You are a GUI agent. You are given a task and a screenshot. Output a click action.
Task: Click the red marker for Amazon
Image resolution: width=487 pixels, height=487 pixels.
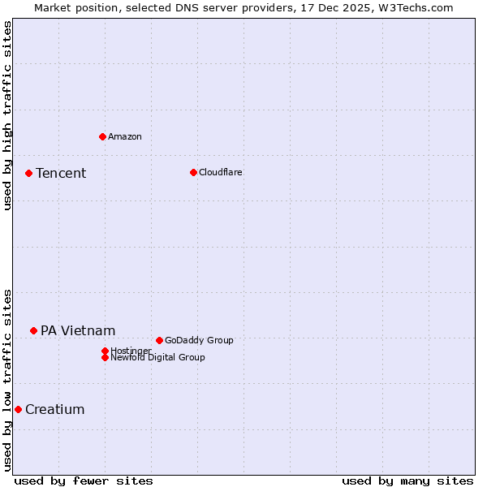(x=102, y=136)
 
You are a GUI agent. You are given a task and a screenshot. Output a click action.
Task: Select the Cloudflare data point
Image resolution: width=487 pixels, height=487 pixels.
(x=193, y=172)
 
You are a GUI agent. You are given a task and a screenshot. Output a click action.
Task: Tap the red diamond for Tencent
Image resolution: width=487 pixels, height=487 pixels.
(x=28, y=173)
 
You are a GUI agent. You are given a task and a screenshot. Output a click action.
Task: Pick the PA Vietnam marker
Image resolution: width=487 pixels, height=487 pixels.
(x=33, y=330)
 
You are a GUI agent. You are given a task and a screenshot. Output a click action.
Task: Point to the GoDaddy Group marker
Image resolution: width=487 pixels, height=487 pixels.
(x=159, y=340)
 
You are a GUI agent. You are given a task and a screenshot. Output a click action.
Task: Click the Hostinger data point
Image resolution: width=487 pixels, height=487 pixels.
(x=105, y=351)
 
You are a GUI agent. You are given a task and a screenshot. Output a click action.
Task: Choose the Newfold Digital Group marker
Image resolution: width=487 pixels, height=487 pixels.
(x=105, y=357)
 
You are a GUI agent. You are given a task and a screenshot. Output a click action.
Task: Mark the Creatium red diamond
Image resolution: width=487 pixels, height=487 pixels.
(x=18, y=409)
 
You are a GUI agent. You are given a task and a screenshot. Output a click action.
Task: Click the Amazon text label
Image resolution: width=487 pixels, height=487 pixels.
(x=125, y=136)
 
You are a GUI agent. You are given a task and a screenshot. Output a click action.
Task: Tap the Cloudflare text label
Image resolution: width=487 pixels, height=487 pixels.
(x=221, y=172)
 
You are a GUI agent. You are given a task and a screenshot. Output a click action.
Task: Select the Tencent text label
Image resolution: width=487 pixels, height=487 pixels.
(x=61, y=173)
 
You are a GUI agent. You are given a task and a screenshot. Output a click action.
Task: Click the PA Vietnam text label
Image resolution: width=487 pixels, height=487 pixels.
(x=78, y=330)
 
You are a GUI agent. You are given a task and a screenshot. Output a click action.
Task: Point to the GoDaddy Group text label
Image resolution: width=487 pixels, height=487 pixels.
(x=199, y=340)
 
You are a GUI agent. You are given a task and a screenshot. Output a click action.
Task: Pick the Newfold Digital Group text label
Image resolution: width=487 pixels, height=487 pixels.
(x=158, y=357)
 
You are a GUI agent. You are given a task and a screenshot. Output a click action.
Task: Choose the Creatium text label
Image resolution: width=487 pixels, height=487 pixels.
(x=55, y=409)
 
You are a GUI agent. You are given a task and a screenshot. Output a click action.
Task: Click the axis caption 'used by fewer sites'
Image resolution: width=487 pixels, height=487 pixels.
(x=84, y=481)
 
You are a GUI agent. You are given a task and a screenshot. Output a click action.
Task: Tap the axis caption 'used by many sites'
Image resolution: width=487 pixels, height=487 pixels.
(x=407, y=481)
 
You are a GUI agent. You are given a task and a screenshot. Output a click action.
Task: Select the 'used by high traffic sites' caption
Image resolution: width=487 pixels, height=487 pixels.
(x=7, y=115)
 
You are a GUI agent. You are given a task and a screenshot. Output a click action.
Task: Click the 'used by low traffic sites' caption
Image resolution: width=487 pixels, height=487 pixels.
(x=7, y=380)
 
